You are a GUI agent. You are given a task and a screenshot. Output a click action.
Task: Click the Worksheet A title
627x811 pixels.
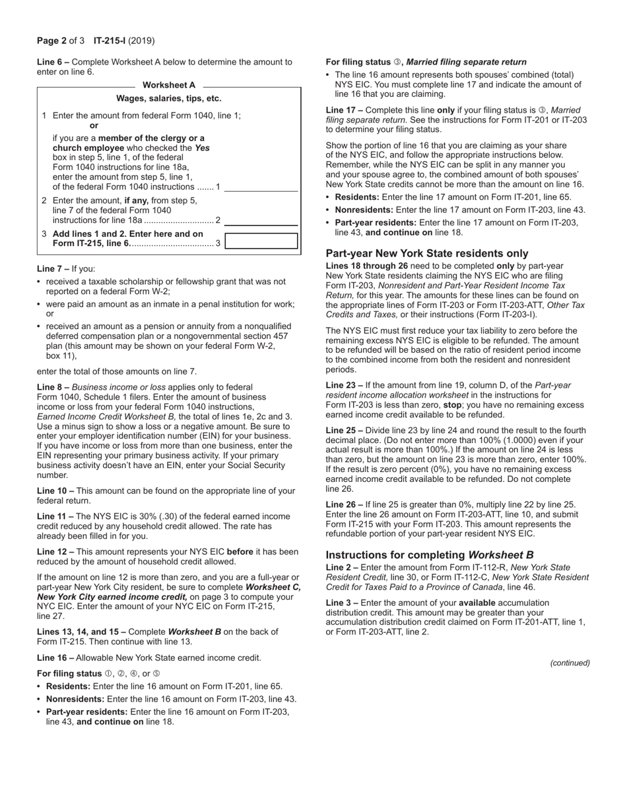pos(169,85)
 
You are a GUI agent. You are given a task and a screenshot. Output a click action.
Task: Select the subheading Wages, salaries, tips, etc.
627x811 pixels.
pos(169,99)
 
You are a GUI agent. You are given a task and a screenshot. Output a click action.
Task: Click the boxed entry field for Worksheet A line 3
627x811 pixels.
pos(261,241)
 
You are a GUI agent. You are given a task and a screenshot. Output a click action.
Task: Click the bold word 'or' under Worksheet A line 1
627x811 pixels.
pos(94,125)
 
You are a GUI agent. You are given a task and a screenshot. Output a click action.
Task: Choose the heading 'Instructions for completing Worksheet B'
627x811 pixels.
pos(430,555)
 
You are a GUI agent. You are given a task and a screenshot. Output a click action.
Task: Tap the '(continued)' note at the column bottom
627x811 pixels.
pos(570,663)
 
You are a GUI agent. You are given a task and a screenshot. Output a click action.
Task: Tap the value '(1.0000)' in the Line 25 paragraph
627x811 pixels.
pos(526,440)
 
